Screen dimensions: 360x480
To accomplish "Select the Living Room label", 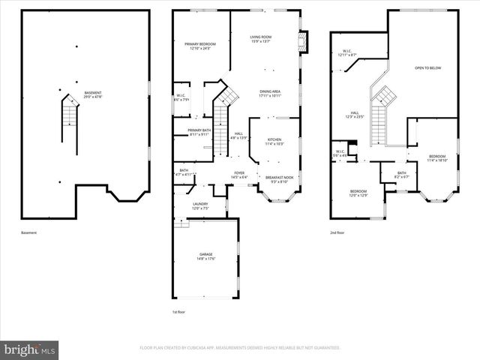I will coord(261,38).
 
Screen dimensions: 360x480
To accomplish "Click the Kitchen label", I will coord(274,142).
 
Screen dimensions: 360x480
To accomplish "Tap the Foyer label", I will coord(239,175).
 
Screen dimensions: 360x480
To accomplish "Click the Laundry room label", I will coord(199,205).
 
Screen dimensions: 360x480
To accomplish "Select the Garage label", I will coord(206,256).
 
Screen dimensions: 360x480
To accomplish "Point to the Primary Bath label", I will coord(199,133).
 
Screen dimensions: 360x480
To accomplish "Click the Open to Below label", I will coord(427,67).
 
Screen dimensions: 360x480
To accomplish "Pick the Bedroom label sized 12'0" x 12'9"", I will coord(358,193).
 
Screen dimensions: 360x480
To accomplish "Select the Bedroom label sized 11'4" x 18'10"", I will coord(436,158).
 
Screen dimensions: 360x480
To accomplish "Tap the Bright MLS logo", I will coord(30,349).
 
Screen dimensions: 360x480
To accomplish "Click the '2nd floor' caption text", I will coord(337,233).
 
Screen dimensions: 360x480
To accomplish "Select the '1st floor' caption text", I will coord(179,311).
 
